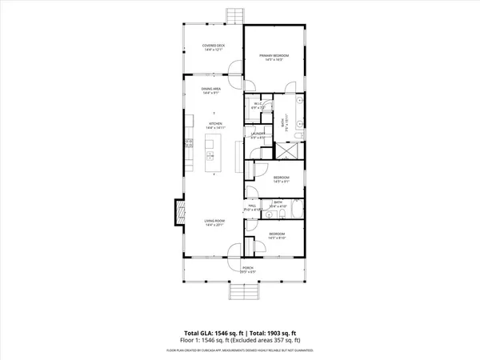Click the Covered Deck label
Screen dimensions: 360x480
[x=213, y=46]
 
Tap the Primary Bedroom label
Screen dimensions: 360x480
[x=274, y=55]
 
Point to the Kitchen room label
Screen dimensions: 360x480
[x=213, y=123]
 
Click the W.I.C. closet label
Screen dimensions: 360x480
[x=258, y=104]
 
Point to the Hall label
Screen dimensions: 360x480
[x=251, y=206]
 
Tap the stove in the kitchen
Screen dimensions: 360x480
[x=189, y=146]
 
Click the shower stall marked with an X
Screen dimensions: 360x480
[x=286, y=152]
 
